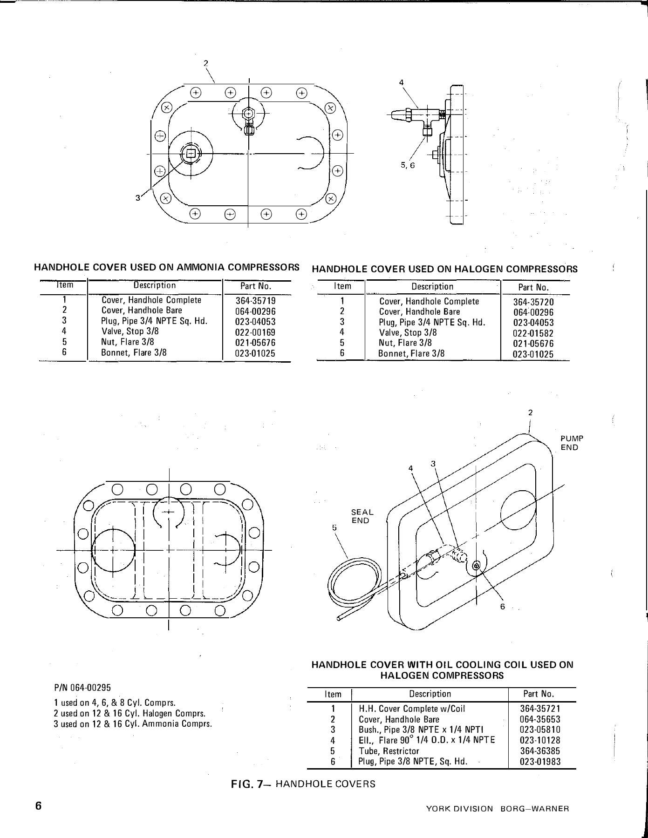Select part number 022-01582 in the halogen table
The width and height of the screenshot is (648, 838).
click(x=533, y=333)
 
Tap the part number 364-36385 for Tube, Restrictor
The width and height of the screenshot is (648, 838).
click(x=540, y=751)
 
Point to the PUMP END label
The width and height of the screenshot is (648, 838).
click(x=571, y=443)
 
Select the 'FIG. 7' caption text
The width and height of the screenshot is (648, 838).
click(x=303, y=784)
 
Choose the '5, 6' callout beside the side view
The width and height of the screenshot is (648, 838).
click(x=407, y=165)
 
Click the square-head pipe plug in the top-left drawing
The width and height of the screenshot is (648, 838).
click(x=191, y=153)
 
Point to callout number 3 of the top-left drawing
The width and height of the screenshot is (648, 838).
click(x=138, y=198)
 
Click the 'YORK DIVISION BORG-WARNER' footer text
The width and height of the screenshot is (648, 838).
click(x=498, y=809)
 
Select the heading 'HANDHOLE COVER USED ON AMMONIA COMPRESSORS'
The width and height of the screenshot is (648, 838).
click(x=167, y=268)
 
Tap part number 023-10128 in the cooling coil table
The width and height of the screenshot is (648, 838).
click(x=540, y=740)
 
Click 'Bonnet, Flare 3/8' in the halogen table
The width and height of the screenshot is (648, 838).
click(x=411, y=353)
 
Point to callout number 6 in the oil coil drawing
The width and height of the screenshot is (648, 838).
click(x=503, y=607)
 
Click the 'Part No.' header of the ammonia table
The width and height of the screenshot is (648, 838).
click(x=255, y=286)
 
